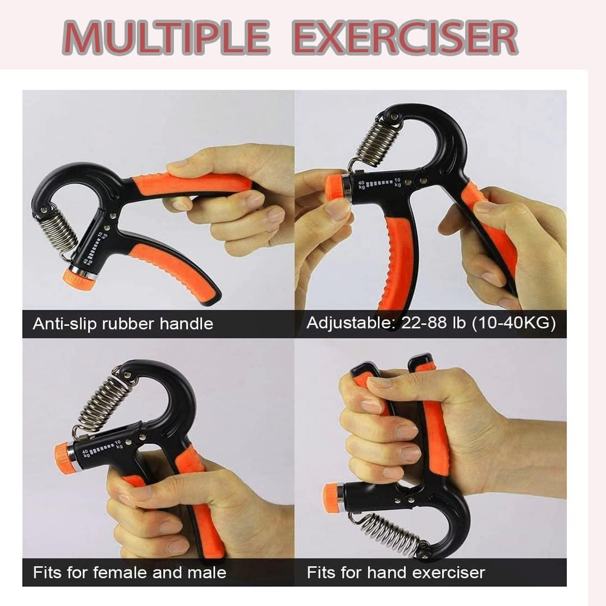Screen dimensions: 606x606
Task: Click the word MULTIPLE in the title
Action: [166, 38]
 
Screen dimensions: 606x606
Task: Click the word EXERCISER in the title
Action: [405, 38]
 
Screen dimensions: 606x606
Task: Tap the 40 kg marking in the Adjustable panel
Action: [361, 185]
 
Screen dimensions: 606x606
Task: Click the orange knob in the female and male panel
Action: [62, 456]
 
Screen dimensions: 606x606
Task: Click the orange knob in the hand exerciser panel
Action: [331, 496]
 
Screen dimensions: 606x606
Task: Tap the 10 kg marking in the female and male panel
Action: [119, 444]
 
